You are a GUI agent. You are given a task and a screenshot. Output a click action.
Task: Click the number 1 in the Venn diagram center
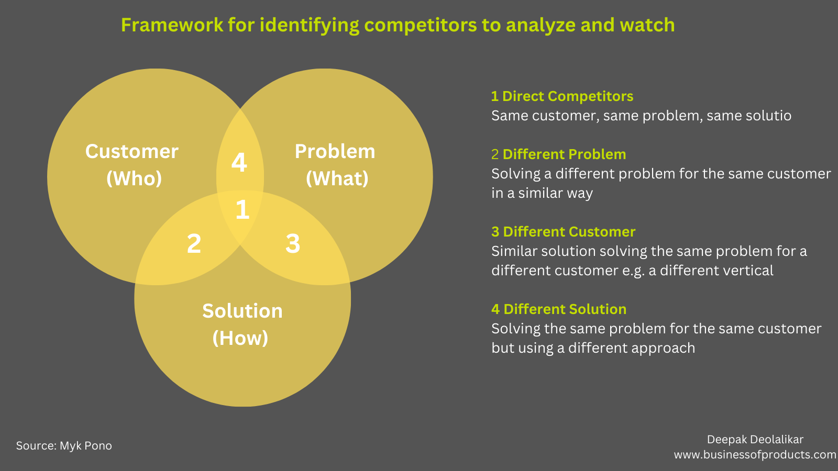[242, 210]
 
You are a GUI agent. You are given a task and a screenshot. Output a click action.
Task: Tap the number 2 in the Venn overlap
[194, 244]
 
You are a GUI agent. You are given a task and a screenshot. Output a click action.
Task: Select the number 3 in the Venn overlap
[293, 244]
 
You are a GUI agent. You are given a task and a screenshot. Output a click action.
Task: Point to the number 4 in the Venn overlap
[239, 163]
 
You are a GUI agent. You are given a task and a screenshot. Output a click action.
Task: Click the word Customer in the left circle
[132, 152]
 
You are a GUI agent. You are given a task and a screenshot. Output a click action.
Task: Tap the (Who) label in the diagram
[134, 179]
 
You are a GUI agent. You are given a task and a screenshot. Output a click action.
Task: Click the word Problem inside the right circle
[335, 152]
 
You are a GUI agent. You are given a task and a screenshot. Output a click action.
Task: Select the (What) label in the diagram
[337, 179]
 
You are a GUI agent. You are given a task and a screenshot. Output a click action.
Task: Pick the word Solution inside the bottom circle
[242, 311]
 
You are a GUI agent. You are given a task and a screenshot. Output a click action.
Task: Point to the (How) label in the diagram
[240, 339]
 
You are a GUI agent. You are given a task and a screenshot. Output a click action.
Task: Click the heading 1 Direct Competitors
[562, 96]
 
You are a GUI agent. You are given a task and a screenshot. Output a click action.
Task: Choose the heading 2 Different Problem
[559, 154]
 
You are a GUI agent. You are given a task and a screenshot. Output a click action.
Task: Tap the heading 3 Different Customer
[563, 232]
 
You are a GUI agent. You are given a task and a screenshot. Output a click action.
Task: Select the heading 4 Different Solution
[559, 309]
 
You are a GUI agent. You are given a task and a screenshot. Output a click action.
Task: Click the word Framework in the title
[172, 25]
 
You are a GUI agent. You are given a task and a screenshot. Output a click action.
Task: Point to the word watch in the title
[647, 25]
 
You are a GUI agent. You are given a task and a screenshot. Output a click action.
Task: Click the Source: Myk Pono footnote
[64, 446]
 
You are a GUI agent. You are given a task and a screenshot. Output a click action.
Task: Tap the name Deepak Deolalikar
[755, 440]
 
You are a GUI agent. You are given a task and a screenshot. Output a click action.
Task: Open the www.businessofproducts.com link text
[755, 455]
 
